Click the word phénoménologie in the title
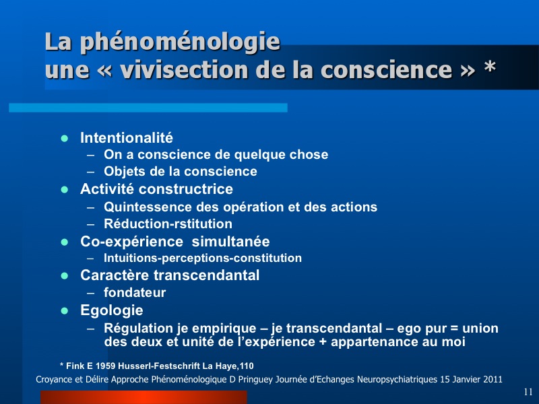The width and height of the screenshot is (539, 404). tap(180, 42)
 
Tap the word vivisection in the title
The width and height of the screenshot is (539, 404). tap(184, 69)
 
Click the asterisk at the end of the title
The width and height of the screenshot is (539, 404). tap(490, 66)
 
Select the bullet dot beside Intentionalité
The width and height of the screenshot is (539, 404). tap(64, 139)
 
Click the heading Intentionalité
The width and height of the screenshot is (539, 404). tap(127, 138)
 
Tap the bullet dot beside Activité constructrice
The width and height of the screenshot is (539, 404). tap(64, 190)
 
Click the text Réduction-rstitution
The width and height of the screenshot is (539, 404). tap(168, 224)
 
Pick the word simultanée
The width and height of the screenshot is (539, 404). tap(230, 242)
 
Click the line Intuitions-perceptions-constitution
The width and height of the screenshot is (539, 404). tap(203, 258)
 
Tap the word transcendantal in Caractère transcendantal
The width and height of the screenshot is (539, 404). tap(206, 275)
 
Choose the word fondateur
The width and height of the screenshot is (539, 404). tap(135, 292)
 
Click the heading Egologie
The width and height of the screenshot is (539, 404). tap(112, 310)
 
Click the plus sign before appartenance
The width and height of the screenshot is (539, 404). tap(323, 342)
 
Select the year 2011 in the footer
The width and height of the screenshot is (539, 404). tap(493, 380)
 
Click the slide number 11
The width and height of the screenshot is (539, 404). tap(528, 392)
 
